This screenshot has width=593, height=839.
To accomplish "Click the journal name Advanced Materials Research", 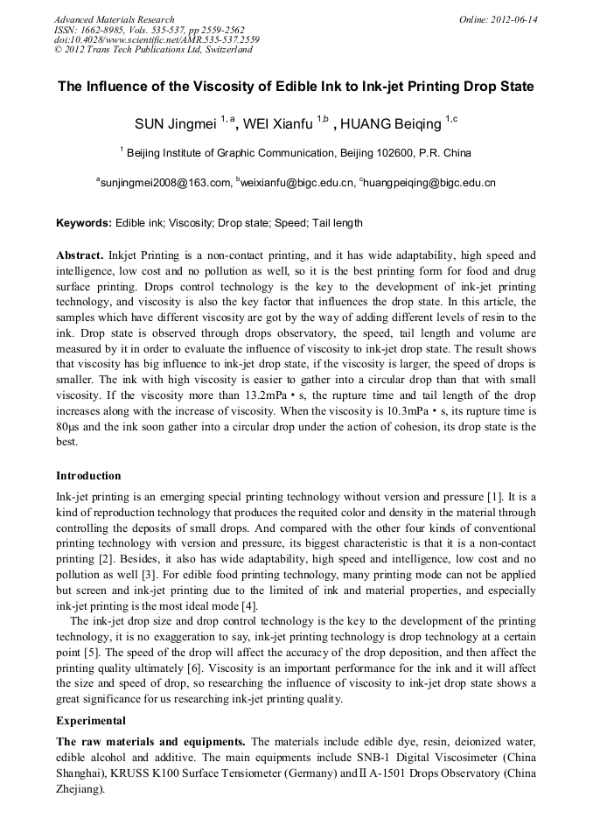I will pyautogui.click(x=114, y=19).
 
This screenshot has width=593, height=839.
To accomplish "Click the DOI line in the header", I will pyautogui.click(x=157, y=39).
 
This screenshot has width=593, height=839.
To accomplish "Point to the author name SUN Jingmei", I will pyautogui.click(x=176, y=124).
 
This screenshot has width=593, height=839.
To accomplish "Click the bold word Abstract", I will pyautogui.click(x=80, y=255).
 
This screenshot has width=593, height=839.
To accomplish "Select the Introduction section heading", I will pyautogui.click(x=88, y=476).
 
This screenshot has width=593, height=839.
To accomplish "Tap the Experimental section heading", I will pyautogui.click(x=91, y=721).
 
